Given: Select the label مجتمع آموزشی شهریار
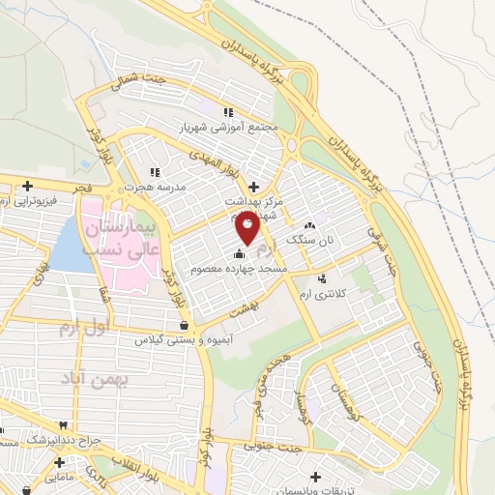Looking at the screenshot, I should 229,127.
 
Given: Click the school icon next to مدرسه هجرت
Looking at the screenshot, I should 155,171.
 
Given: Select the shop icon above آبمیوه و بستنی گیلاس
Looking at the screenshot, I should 185,326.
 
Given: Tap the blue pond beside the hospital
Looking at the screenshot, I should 66,247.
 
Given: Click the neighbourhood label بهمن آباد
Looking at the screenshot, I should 97,379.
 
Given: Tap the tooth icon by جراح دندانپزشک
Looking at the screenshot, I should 64,425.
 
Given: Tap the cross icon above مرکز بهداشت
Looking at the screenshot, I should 254,187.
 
